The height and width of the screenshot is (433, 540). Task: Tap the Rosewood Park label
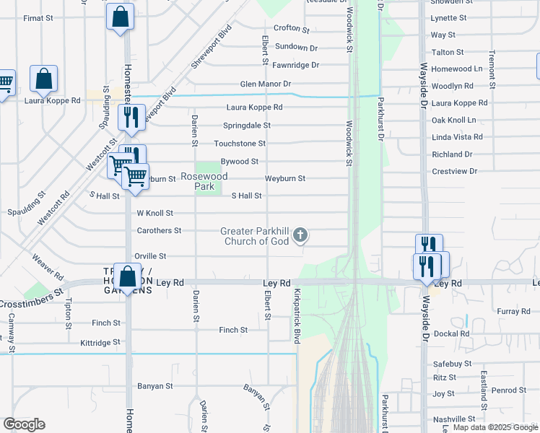(x=204, y=181)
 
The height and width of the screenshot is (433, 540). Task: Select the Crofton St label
(x=292, y=30)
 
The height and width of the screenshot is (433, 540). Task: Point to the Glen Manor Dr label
(x=266, y=84)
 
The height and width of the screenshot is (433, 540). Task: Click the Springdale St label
(x=246, y=125)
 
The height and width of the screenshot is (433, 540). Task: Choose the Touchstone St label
(x=240, y=144)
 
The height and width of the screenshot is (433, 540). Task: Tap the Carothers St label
(x=159, y=231)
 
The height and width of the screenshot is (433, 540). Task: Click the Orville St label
(x=152, y=256)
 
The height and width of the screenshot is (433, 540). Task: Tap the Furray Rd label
(x=514, y=311)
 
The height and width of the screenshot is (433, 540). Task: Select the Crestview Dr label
(x=454, y=171)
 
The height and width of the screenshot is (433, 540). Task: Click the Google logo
(x=24, y=424)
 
